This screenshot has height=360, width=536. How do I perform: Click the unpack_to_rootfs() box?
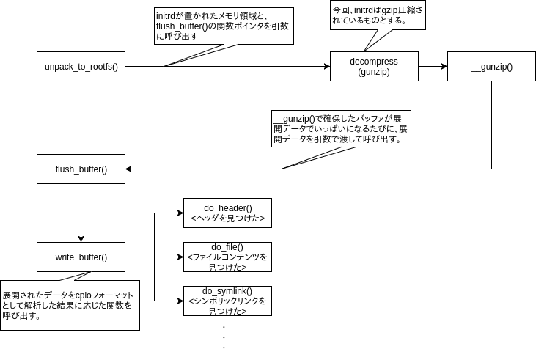(x=81, y=67)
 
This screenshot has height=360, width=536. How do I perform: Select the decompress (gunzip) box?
(x=374, y=67)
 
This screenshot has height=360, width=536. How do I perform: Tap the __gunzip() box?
(x=491, y=67)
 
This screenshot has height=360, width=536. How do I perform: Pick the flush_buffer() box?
(x=81, y=169)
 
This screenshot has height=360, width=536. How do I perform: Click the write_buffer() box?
(x=81, y=257)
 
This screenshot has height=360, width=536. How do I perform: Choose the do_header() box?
(x=227, y=213)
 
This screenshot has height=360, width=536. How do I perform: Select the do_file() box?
(x=227, y=257)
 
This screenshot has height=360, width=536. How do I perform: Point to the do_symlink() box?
(x=227, y=301)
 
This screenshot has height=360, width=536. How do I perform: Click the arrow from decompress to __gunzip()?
(x=433, y=67)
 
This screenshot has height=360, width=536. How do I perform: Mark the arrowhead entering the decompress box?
(x=326, y=67)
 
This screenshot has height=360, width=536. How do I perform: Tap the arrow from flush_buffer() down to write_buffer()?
(x=81, y=213)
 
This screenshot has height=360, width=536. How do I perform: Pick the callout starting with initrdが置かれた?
(x=223, y=26)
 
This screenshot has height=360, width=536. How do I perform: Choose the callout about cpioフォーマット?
(x=70, y=304)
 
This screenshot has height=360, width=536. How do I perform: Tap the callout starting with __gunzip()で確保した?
(x=341, y=128)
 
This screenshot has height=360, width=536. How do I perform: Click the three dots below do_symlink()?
(x=223, y=336)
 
